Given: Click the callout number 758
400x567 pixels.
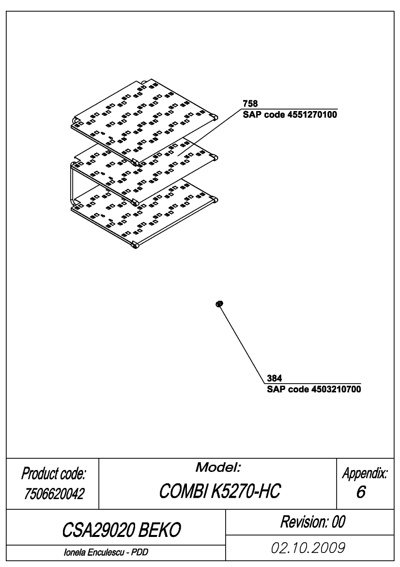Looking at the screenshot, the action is click(x=250, y=104).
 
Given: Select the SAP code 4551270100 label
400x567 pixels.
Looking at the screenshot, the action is click(x=290, y=115).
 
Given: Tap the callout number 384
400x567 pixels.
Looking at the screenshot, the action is click(x=275, y=378).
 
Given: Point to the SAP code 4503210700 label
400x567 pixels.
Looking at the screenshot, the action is click(x=314, y=389).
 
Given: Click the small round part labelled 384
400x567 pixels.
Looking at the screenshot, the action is click(x=219, y=304).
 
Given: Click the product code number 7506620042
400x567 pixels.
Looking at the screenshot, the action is click(x=54, y=494).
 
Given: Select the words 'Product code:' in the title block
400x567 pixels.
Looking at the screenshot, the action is click(x=53, y=473).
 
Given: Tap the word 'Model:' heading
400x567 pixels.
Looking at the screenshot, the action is click(x=218, y=468).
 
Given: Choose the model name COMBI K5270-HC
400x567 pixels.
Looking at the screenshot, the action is click(x=219, y=491).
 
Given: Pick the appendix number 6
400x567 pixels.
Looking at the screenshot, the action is click(x=361, y=492).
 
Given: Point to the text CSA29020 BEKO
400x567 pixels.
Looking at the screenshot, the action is click(x=121, y=530).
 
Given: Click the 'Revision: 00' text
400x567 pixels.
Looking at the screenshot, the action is click(x=313, y=522).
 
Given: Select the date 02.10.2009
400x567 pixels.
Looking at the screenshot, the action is click(x=308, y=548).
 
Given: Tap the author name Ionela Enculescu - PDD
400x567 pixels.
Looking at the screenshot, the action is click(x=106, y=552).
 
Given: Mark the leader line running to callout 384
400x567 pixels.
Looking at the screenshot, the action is click(x=242, y=344).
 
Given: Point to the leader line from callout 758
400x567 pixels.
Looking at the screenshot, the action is click(x=210, y=132).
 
